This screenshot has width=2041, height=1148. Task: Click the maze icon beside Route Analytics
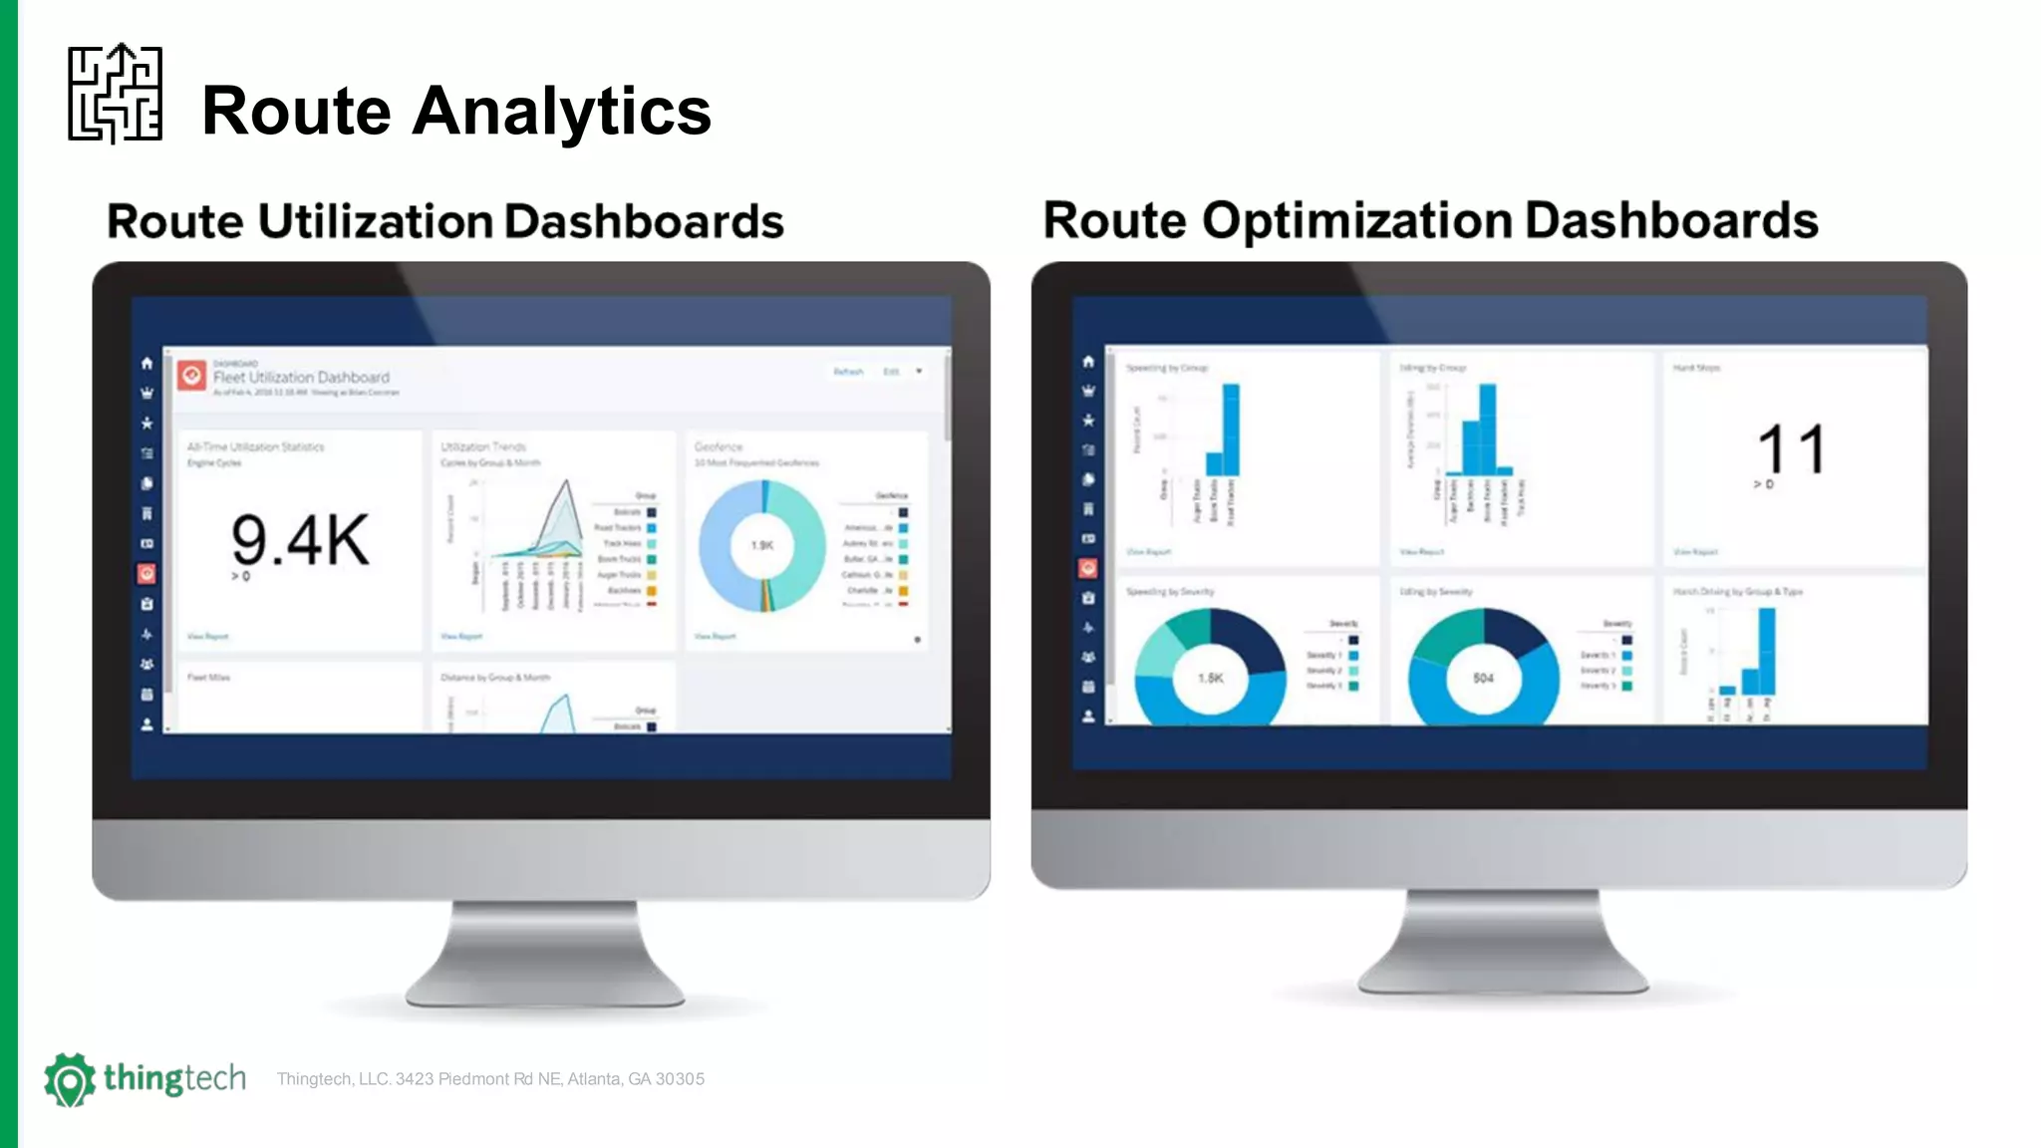[x=115, y=94]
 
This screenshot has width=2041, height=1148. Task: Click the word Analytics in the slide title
[x=561, y=111]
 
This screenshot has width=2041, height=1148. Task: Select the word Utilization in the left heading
[x=375, y=221]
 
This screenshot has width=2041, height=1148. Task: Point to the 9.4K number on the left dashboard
[x=299, y=541]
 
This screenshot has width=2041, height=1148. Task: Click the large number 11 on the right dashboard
[x=1790, y=449]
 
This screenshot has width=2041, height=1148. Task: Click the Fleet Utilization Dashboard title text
[x=301, y=378]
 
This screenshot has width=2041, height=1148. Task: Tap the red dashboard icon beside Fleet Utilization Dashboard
[x=191, y=376]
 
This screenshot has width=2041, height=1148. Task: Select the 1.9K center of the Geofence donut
[x=761, y=545]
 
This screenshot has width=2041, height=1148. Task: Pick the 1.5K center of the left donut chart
[x=1210, y=678]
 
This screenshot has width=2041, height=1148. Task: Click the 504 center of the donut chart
[x=1483, y=678]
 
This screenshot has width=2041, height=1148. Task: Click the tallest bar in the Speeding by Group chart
[x=1231, y=430]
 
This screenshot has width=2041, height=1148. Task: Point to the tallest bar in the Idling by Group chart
[x=1487, y=430]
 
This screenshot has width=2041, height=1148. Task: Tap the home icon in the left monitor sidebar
[x=146, y=363]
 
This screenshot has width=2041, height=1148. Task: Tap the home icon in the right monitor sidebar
[x=1088, y=361]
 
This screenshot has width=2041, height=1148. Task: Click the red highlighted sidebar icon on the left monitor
[x=146, y=574]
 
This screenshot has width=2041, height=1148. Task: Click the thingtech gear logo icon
[x=69, y=1079]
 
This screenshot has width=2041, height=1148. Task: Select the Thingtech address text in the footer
[x=490, y=1079]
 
